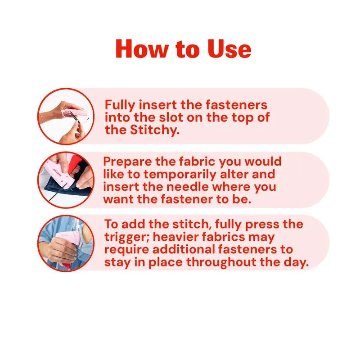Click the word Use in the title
click(229, 49)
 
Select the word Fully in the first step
click(120, 106)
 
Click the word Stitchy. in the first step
click(155, 130)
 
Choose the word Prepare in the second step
click(128, 162)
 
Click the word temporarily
click(180, 175)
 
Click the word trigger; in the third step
click(127, 238)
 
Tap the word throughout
click(221, 262)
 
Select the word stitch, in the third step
click(192, 224)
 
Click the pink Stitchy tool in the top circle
click(76, 113)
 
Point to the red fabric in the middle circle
click(75, 162)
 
